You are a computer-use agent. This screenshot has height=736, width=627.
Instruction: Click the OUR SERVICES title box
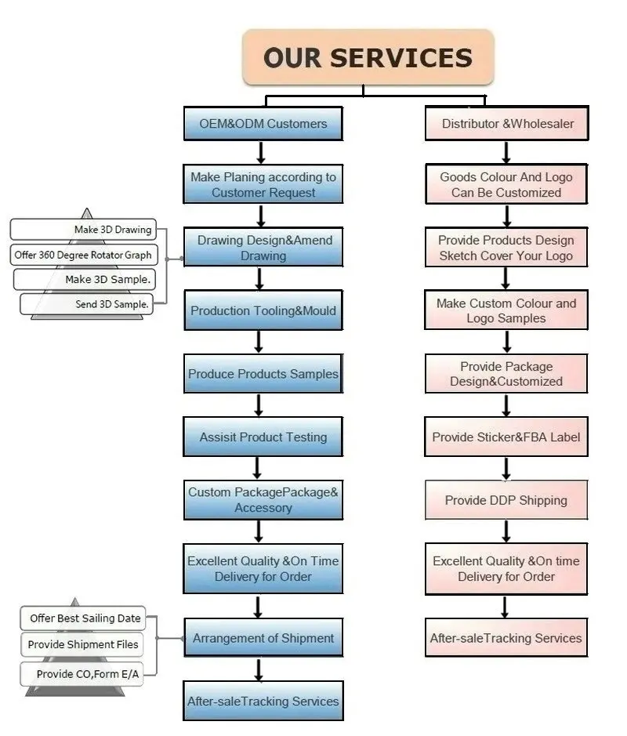(x=368, y=57)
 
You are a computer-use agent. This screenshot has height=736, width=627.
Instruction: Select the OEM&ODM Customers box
(x=263, y=123)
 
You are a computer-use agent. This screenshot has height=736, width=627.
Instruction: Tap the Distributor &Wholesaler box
(x=507, y=123)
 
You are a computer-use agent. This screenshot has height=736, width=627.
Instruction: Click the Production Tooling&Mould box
(x=263, y=310)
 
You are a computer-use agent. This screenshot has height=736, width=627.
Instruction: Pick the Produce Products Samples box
(x=263, y=374)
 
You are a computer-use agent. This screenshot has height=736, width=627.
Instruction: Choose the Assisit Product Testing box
(x=263, y=437)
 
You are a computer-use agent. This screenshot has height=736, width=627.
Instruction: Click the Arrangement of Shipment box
(x=263, y=638)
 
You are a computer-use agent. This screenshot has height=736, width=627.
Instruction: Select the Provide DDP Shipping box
(x=506, y=500)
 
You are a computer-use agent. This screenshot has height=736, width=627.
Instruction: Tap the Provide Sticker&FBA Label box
(x=506, y=437)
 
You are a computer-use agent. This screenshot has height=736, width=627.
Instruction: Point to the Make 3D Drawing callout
(x=84, y=229)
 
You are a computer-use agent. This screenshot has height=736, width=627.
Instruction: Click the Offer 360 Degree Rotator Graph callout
(x=84, y=255)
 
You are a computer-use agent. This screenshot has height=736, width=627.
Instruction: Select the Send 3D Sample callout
(x=87, y=304)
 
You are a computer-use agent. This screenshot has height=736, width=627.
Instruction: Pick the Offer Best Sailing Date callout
(x=83, y=618)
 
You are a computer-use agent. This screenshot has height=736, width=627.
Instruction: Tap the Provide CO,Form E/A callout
(x=82, y=674)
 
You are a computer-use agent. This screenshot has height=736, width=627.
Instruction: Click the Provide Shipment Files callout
(x=82, y=644)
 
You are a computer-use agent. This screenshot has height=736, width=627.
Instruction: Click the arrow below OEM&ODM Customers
(x=261, y=153)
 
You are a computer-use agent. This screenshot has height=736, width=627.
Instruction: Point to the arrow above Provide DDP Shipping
(x=506, y=469)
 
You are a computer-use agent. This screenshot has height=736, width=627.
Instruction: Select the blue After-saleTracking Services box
(x=263, y=701)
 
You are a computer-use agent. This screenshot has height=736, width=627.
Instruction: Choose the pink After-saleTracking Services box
(x=506, y=638)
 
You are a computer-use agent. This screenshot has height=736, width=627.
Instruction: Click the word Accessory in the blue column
(x=263, y=508)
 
